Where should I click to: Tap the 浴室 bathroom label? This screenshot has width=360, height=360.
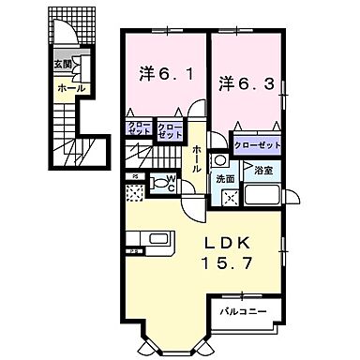coord(262,171)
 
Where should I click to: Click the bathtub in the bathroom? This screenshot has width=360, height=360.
coord(265,197)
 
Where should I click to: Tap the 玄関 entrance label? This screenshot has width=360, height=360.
coord(61,64)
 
